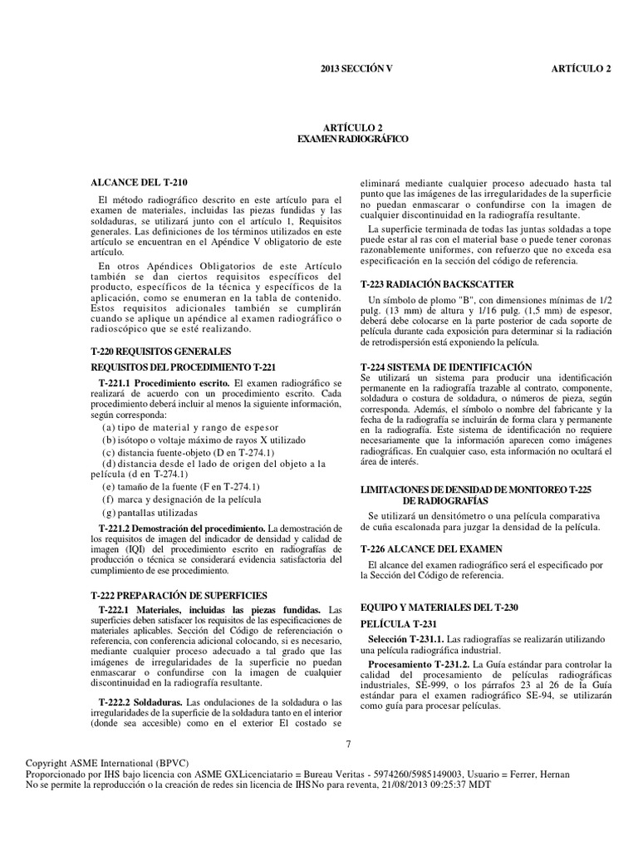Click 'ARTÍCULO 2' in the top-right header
pos(581,68)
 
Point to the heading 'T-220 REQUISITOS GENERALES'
pos(161,352)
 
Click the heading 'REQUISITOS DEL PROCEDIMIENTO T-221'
pos(182,366)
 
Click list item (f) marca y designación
pos(181,499)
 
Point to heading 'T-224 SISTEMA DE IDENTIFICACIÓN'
pos(446,366)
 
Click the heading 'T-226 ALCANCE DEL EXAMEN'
pos(431,550)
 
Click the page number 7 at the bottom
pos(349,744)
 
